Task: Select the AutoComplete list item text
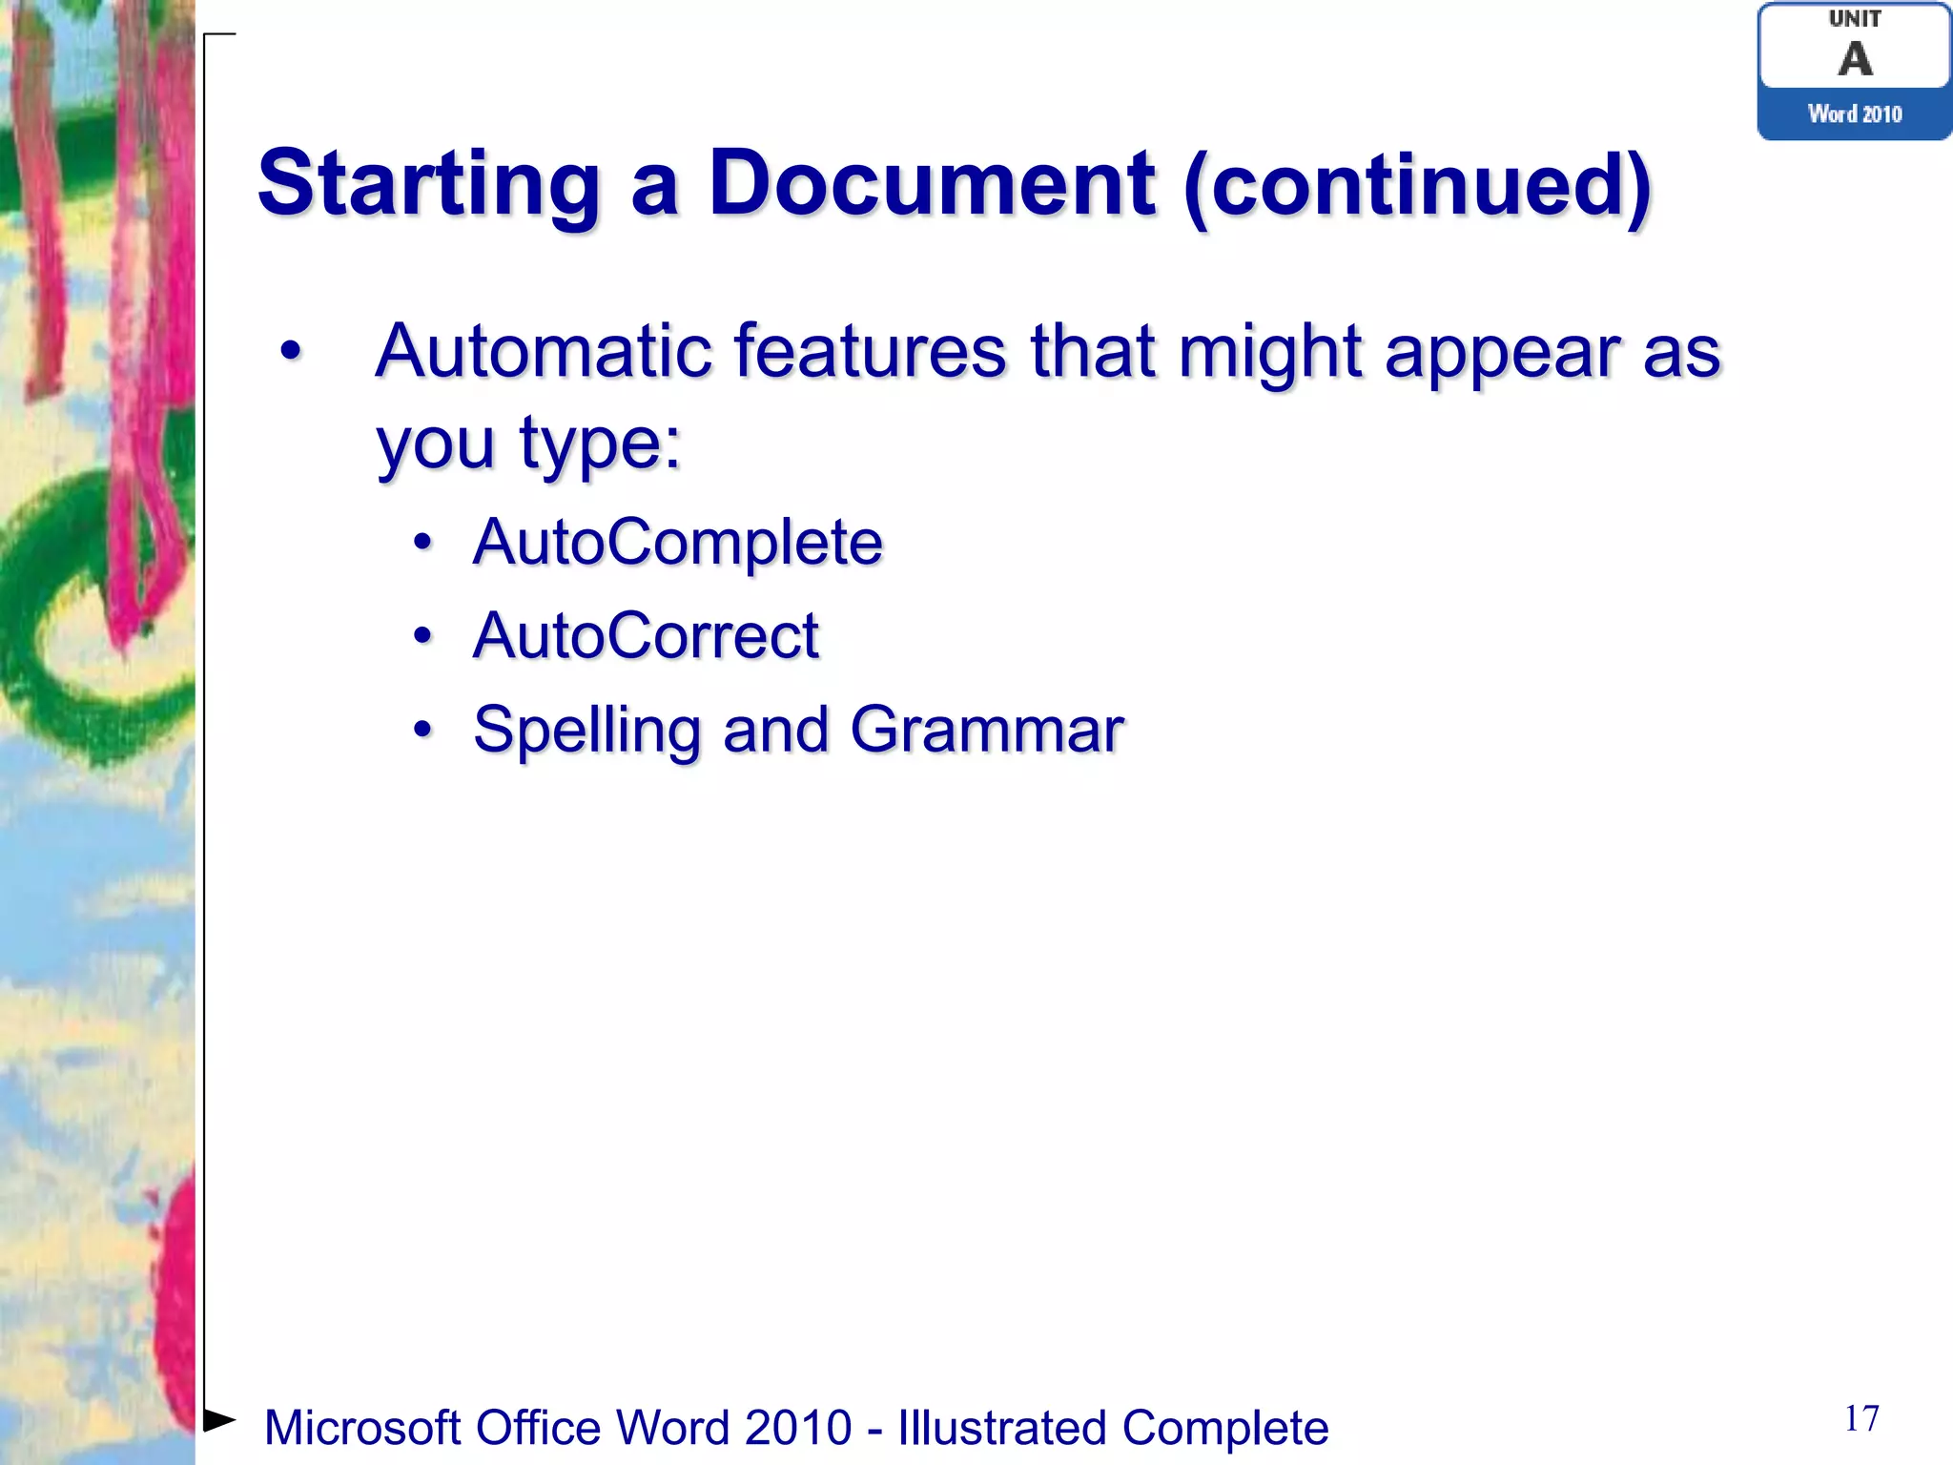[x=677, y=543]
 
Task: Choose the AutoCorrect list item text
[x=646, y=635]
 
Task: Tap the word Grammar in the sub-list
[x=987, y=730]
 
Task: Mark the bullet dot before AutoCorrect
[x=422, y=636]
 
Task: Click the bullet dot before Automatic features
[x=291, y=352]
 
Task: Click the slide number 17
[x=1861, y=1418]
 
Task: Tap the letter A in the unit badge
[x=1855, y=59]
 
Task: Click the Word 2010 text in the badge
[x=1855, y=114]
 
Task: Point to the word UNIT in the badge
[x=1855, y=19]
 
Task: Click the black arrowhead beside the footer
[x=219, y=1420]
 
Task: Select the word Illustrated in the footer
[x=1001, y=1428]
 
